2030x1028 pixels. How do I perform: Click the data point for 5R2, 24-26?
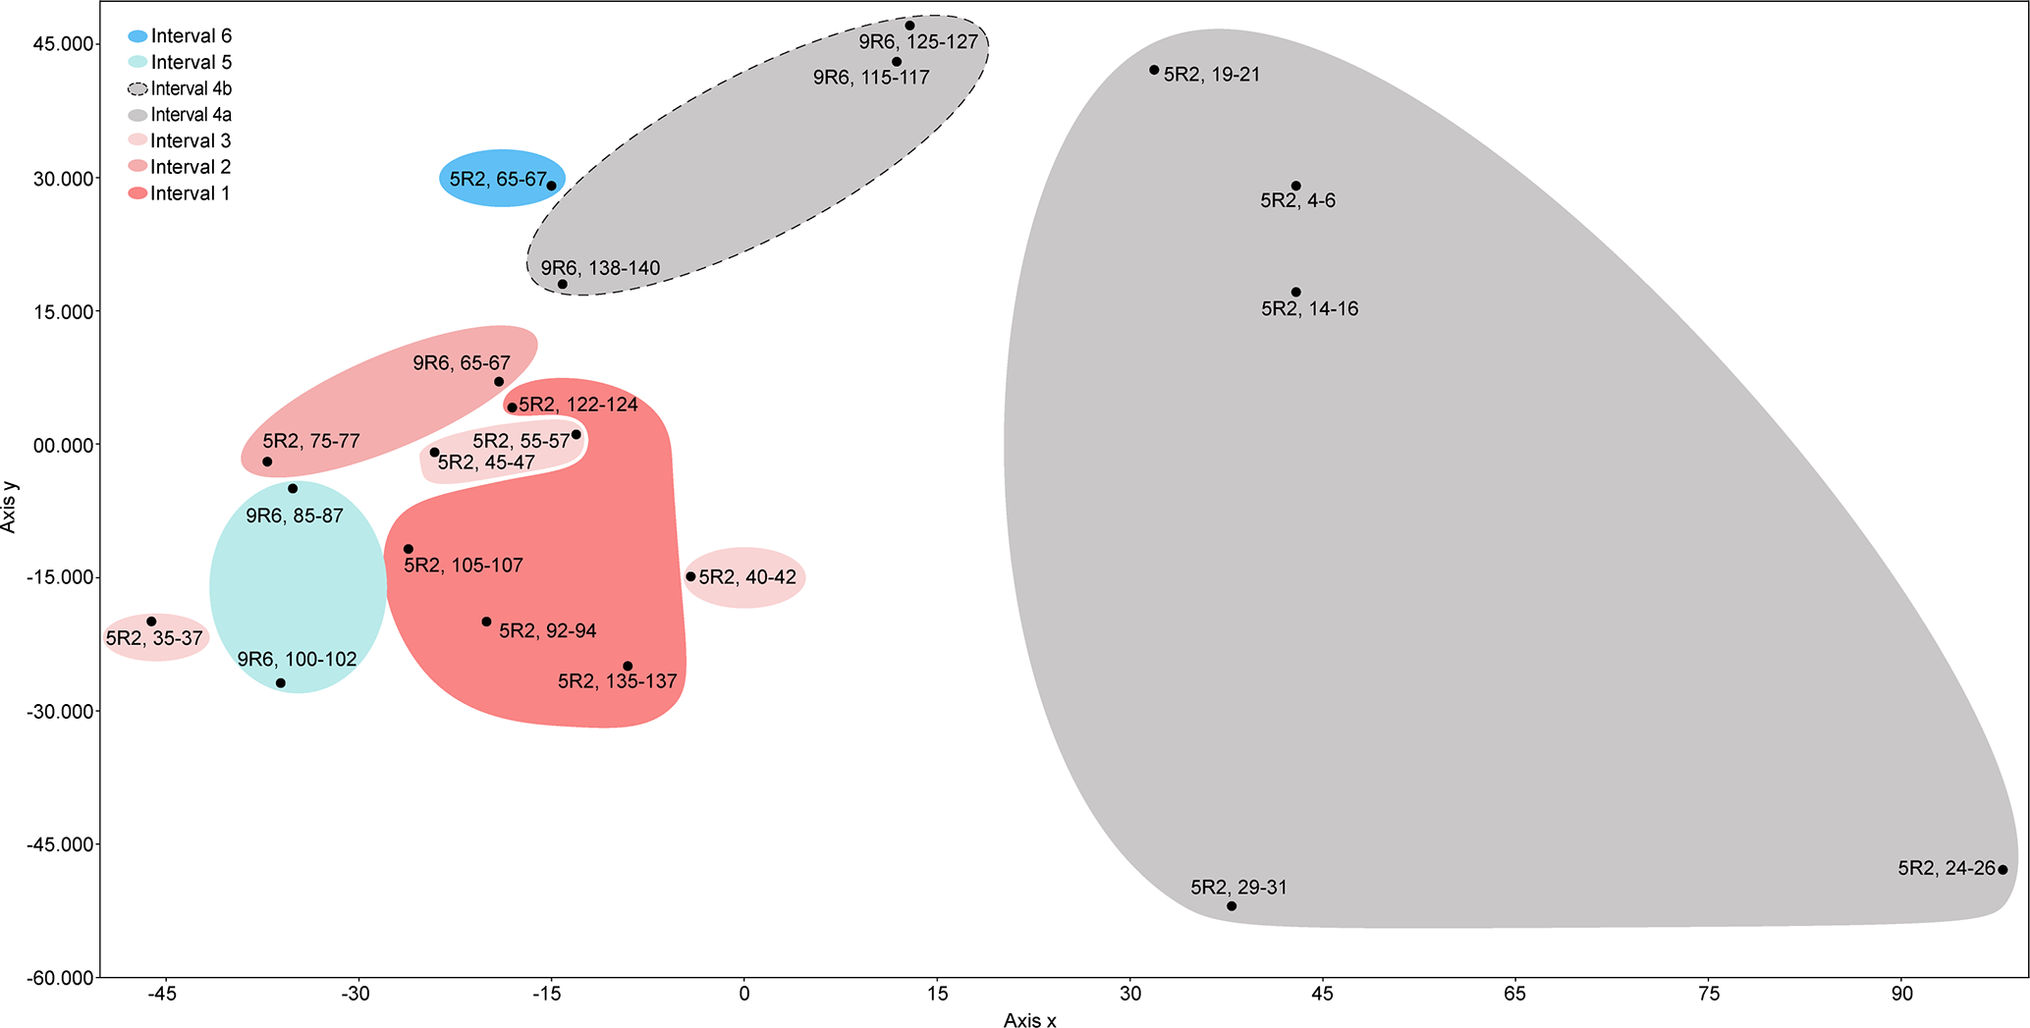point(2003,870)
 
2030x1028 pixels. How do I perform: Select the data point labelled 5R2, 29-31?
point(1232,906)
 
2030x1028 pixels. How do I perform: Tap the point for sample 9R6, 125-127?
point(909,26)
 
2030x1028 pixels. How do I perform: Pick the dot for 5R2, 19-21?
point(1154,70)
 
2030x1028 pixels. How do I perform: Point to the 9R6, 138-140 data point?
point(563,285)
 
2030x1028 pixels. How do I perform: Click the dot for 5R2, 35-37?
point(151,622)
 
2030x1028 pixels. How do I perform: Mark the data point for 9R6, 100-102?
point(281,683)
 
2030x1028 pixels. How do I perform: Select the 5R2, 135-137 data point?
point(628,666)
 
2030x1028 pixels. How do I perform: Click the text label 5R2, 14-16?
point(1309,309)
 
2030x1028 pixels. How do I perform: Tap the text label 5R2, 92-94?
point(547,631)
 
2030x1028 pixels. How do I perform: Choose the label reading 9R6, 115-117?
point(871,78)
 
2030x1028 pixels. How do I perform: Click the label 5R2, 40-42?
point(747,577)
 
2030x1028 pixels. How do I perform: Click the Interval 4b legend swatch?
point(137,89)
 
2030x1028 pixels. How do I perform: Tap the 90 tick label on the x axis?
point(1902,995)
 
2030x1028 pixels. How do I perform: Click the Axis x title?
point(1029,1021)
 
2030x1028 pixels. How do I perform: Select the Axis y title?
point(10,511)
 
